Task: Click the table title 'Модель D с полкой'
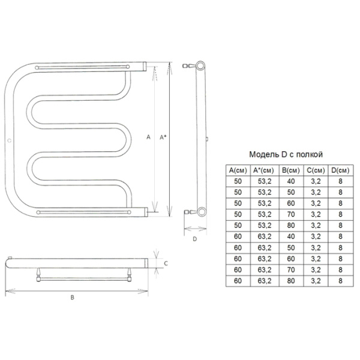(286, 155)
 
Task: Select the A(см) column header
(238, 170)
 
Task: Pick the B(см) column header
(291, 170)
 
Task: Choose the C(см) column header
(316, 170)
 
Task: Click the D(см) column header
(340, 170)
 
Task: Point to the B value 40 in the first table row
(291, 181)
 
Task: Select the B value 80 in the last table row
(291, 281)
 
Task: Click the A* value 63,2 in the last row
(265, 281)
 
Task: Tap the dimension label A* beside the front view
(163, 137)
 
